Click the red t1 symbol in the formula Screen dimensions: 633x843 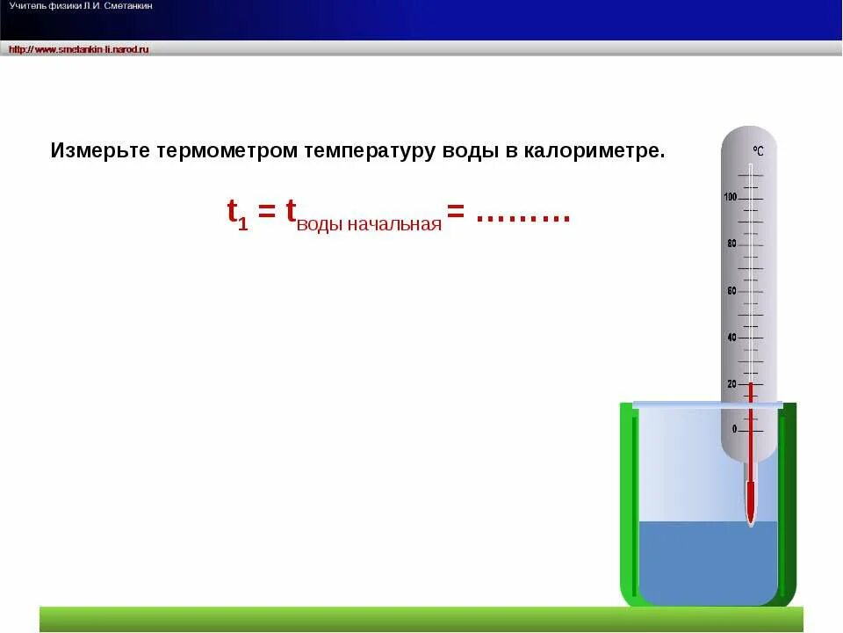coord(237,214)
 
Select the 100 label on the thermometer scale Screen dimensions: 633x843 coord(731,197)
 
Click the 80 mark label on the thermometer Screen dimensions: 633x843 coord(731,244)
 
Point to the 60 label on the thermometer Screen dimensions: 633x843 coord(731,291)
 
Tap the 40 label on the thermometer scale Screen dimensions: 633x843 coord(731,338)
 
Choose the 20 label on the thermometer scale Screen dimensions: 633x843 coord(731,384)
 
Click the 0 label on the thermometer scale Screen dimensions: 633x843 coord(735,430)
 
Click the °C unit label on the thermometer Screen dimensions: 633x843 coord(757,151)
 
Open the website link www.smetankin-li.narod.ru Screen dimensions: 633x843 coord(79,49)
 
